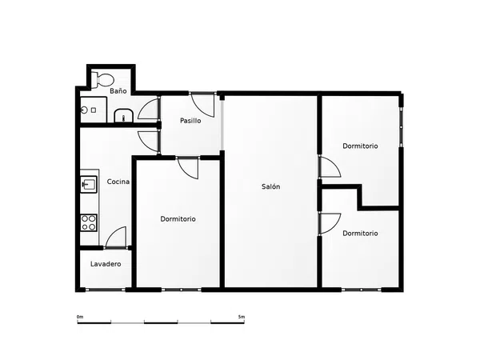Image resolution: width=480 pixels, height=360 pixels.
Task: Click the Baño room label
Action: pos(118,91)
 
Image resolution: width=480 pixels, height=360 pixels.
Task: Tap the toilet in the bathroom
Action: pos(103,79)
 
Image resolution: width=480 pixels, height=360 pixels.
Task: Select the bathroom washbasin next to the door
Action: pos(124,116)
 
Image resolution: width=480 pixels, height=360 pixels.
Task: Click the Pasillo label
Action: pos(190,121)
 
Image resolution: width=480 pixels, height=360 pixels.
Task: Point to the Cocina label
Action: pos(118,182)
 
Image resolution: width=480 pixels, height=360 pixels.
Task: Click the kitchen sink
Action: pos(89,184)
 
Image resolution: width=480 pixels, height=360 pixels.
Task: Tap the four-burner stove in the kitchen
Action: pos(89,222)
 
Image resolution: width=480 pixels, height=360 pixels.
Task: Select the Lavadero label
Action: pos(106,264)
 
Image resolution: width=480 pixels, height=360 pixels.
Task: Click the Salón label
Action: pos(270,186)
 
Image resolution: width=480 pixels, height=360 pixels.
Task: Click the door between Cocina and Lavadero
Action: pos(116,237)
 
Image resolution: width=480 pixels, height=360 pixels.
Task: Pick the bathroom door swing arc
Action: pos(148,108)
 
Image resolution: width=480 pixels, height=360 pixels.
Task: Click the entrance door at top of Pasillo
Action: pos(202,105)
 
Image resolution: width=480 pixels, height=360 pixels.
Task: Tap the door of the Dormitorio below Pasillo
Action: pos(188,168)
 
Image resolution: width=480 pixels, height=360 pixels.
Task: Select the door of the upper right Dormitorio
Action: pos(330,166)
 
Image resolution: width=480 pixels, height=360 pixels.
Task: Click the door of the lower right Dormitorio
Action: pos(330,224)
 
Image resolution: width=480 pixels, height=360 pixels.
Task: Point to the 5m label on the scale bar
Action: pos(242,317)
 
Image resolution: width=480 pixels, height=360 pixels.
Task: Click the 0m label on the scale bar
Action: pos(80,317)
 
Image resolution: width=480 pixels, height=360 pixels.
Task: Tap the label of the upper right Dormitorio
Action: pos(360,146)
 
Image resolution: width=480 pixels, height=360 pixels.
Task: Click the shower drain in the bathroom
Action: pos(84,110)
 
